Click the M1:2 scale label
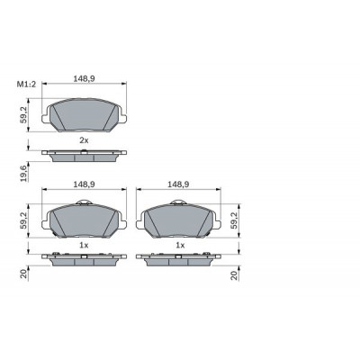pyautogui.click(x=26, y=85)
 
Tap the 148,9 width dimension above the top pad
pyautogui.click(x=85, y=78)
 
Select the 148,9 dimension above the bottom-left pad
pyautogui.click(x=85, y=184)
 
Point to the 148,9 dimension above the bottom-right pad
pyautogui.click(x=178, y=184)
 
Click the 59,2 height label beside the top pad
pyautogui.click(x=23, y=114)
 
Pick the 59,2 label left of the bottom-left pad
pyautogui.click(x=23, y=220)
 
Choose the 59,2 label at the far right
pyautogui.click(x=234, y=220)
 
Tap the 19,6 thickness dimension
pyautogui.click(x=24, y=174)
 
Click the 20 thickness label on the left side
pyautogui.click(x=24, y=274)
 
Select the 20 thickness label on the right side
pyautogui.click(x=234, y=274)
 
